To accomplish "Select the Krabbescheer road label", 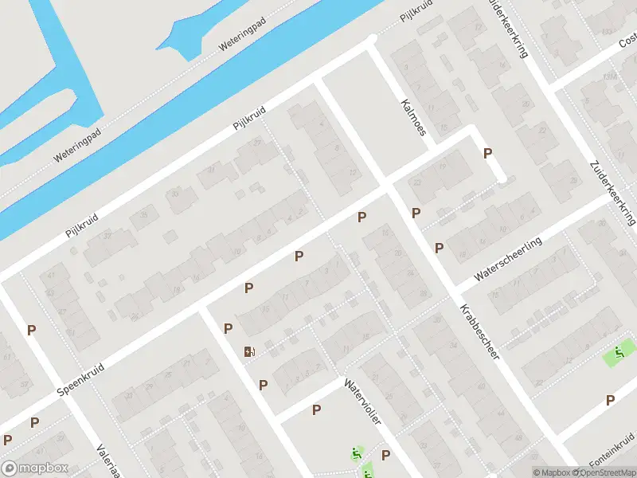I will (x=479, y=331).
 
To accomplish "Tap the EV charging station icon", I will (x=250, y=351).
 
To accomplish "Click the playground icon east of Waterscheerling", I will (x=619, y=351).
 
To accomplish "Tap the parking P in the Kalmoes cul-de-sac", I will (x=488, y=153).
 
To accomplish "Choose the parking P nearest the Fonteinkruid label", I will (x=611, y=400).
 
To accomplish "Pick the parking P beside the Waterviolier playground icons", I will (x=385, y=455).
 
